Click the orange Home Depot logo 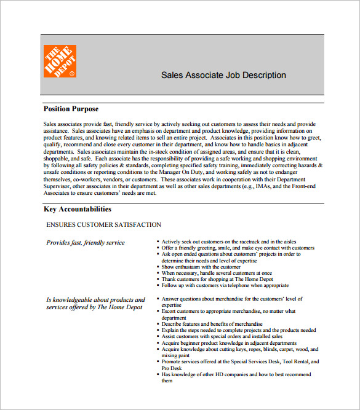pyautogui.click(x=60, y=61)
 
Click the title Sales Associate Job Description pyautogui.click(x=223, y=76)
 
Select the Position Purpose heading pyautogui.click(x=71, y=109)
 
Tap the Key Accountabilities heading pyautogui.click(x=78, y=209)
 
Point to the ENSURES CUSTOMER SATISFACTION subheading pyautogui.click(x=103, y=225)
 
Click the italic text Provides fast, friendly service pyautogui.click(x=86, y=243)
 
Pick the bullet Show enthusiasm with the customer pyautogui.click(x=201, y=267)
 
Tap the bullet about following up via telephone pyautogui.click(x=225, y=285)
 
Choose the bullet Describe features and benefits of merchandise pyautogui.click(x=212, y=324)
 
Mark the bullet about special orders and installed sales pyautogui.click(x=222, y=337)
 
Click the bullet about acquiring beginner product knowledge pyautogui.click(x=228, y=343)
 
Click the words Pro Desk pyautogui.click(x=173, y=368)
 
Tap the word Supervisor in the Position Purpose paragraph pyautogui.click(x=59, y=186)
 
